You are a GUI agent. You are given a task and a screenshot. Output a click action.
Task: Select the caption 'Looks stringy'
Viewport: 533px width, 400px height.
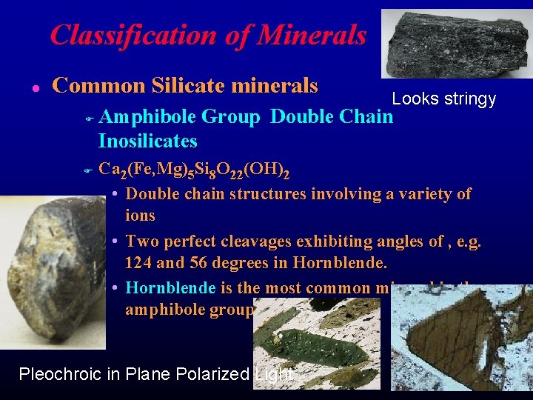click(x=443, y=99)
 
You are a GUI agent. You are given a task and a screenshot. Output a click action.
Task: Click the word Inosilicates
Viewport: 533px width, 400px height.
click(x=147, y=141)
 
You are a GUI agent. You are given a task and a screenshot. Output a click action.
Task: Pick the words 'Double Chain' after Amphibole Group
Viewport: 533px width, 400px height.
click(x=332, y=116)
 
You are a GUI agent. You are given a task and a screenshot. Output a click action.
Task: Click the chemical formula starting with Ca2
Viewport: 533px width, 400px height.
click(x=193, y=170)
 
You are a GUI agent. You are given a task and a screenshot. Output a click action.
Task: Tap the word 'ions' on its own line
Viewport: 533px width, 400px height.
click(x=140, y=216)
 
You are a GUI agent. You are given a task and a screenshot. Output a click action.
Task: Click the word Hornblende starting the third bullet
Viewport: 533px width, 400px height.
click(x=170, y=287)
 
